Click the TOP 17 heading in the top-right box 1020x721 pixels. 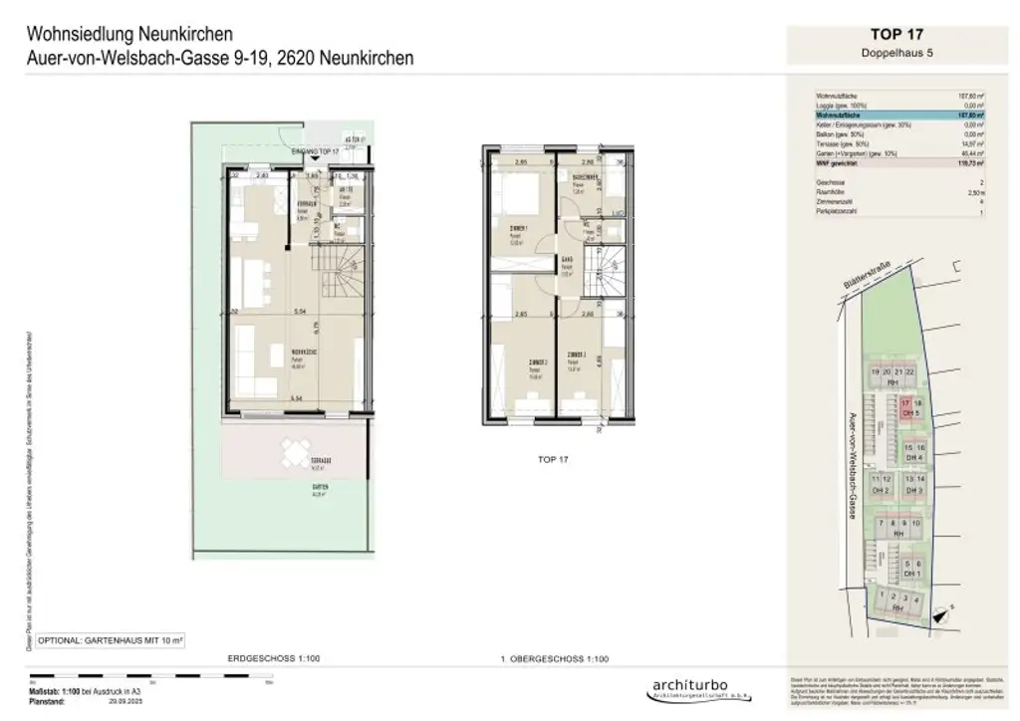(x=898, y=34)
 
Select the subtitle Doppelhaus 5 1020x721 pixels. (x=898, y=52)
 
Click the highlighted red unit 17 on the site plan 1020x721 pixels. (x=906, y=403)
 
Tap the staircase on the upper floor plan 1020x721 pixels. (x=606, y=271)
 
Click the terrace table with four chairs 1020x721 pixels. (x=293, y=454)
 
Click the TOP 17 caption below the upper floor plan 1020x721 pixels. (x=553, y=460)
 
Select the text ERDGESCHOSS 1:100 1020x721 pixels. (x=260, y=659)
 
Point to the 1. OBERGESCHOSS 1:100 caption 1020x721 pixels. (x=553, y=659)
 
